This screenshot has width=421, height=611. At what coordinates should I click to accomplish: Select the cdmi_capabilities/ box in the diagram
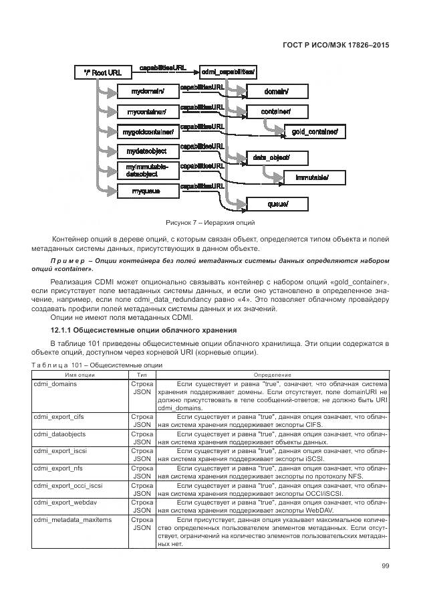click(x=228, y=72)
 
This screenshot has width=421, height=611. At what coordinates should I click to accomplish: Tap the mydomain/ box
click(x=148, y=90)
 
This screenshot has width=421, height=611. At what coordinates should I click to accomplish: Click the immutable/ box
click(x=311, y=178)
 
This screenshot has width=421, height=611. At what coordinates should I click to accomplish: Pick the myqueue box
click(x=148, y=192)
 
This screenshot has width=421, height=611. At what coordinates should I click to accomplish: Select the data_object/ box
click(x=271, y=158)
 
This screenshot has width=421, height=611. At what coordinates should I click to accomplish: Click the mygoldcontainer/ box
click(x=148, y=131)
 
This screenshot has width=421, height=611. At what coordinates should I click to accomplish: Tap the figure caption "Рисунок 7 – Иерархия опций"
click(x=210, y=223)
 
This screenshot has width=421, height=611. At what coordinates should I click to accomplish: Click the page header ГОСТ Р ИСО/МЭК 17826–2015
click(x=336, y=45)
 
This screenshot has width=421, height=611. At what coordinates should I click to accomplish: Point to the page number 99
click(x=385, y=566)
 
